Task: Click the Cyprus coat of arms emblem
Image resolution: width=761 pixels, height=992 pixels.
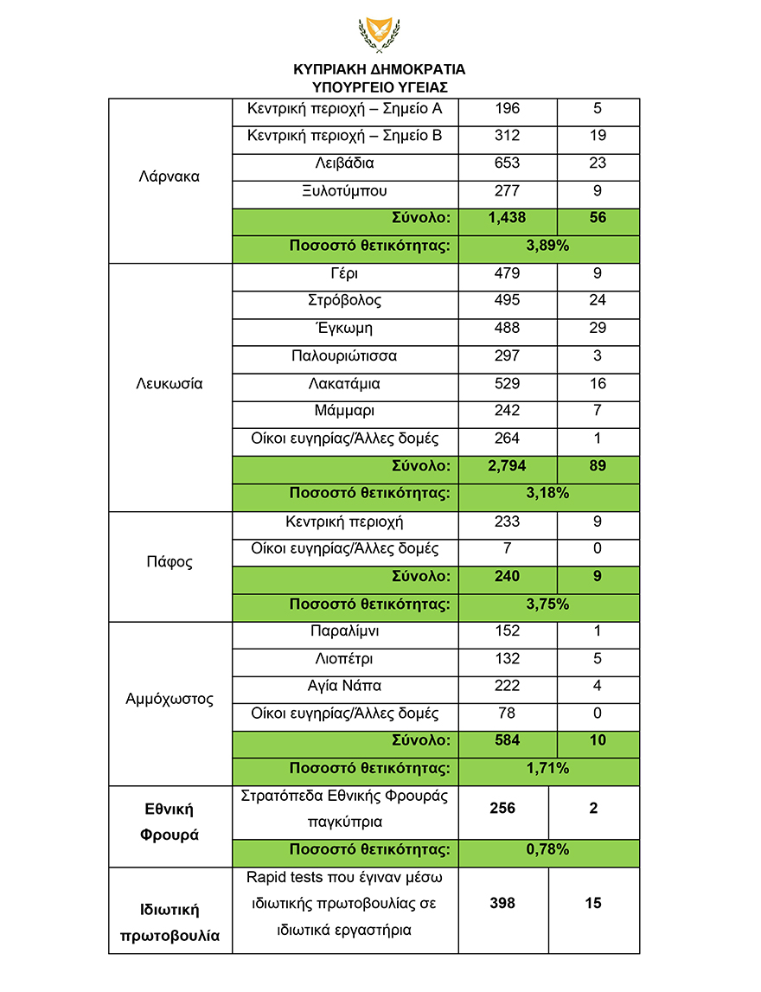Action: [x=380, y=35]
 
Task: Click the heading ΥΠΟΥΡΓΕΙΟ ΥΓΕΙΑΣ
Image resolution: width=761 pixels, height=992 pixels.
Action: [x=380, y=86]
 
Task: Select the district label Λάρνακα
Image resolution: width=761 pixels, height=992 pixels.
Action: [x=169, y=176]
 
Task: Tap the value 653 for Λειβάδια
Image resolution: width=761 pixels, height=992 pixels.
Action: [x=508, y=163]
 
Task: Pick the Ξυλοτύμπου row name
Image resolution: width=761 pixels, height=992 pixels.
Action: [x=345, y=190]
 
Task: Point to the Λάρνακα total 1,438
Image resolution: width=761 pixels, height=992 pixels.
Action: [x=508, y=218]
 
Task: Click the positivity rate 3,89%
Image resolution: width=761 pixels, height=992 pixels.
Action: [x=547, y=246]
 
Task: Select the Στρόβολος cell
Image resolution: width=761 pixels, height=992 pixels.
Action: [x=345, y=301]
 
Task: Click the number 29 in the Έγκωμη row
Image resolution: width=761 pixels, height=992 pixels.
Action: [x=598, y=329]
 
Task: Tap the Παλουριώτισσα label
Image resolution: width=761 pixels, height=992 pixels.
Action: [x=345, y=356]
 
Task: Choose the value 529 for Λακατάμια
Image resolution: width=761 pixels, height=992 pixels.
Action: [x=508, y=383]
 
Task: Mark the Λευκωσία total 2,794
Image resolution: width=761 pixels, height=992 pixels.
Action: [x=508, y=466]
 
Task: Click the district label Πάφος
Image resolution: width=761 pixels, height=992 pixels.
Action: [x=169, y=562]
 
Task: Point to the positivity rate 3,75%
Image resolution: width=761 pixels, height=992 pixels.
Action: [x=547, y=604]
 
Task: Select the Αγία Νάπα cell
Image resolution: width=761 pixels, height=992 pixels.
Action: [x=345, y=686]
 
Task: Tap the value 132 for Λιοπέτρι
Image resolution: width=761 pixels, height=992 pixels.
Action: [x=508, y=659]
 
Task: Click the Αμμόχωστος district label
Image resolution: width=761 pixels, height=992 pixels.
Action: [x=169, y=700]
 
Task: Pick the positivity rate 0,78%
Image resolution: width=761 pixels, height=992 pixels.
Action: [x=547, y=849]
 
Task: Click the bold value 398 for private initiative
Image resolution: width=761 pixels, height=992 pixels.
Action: [x=502, y=903]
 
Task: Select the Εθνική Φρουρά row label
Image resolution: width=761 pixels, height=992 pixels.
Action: [x=169, y=822]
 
